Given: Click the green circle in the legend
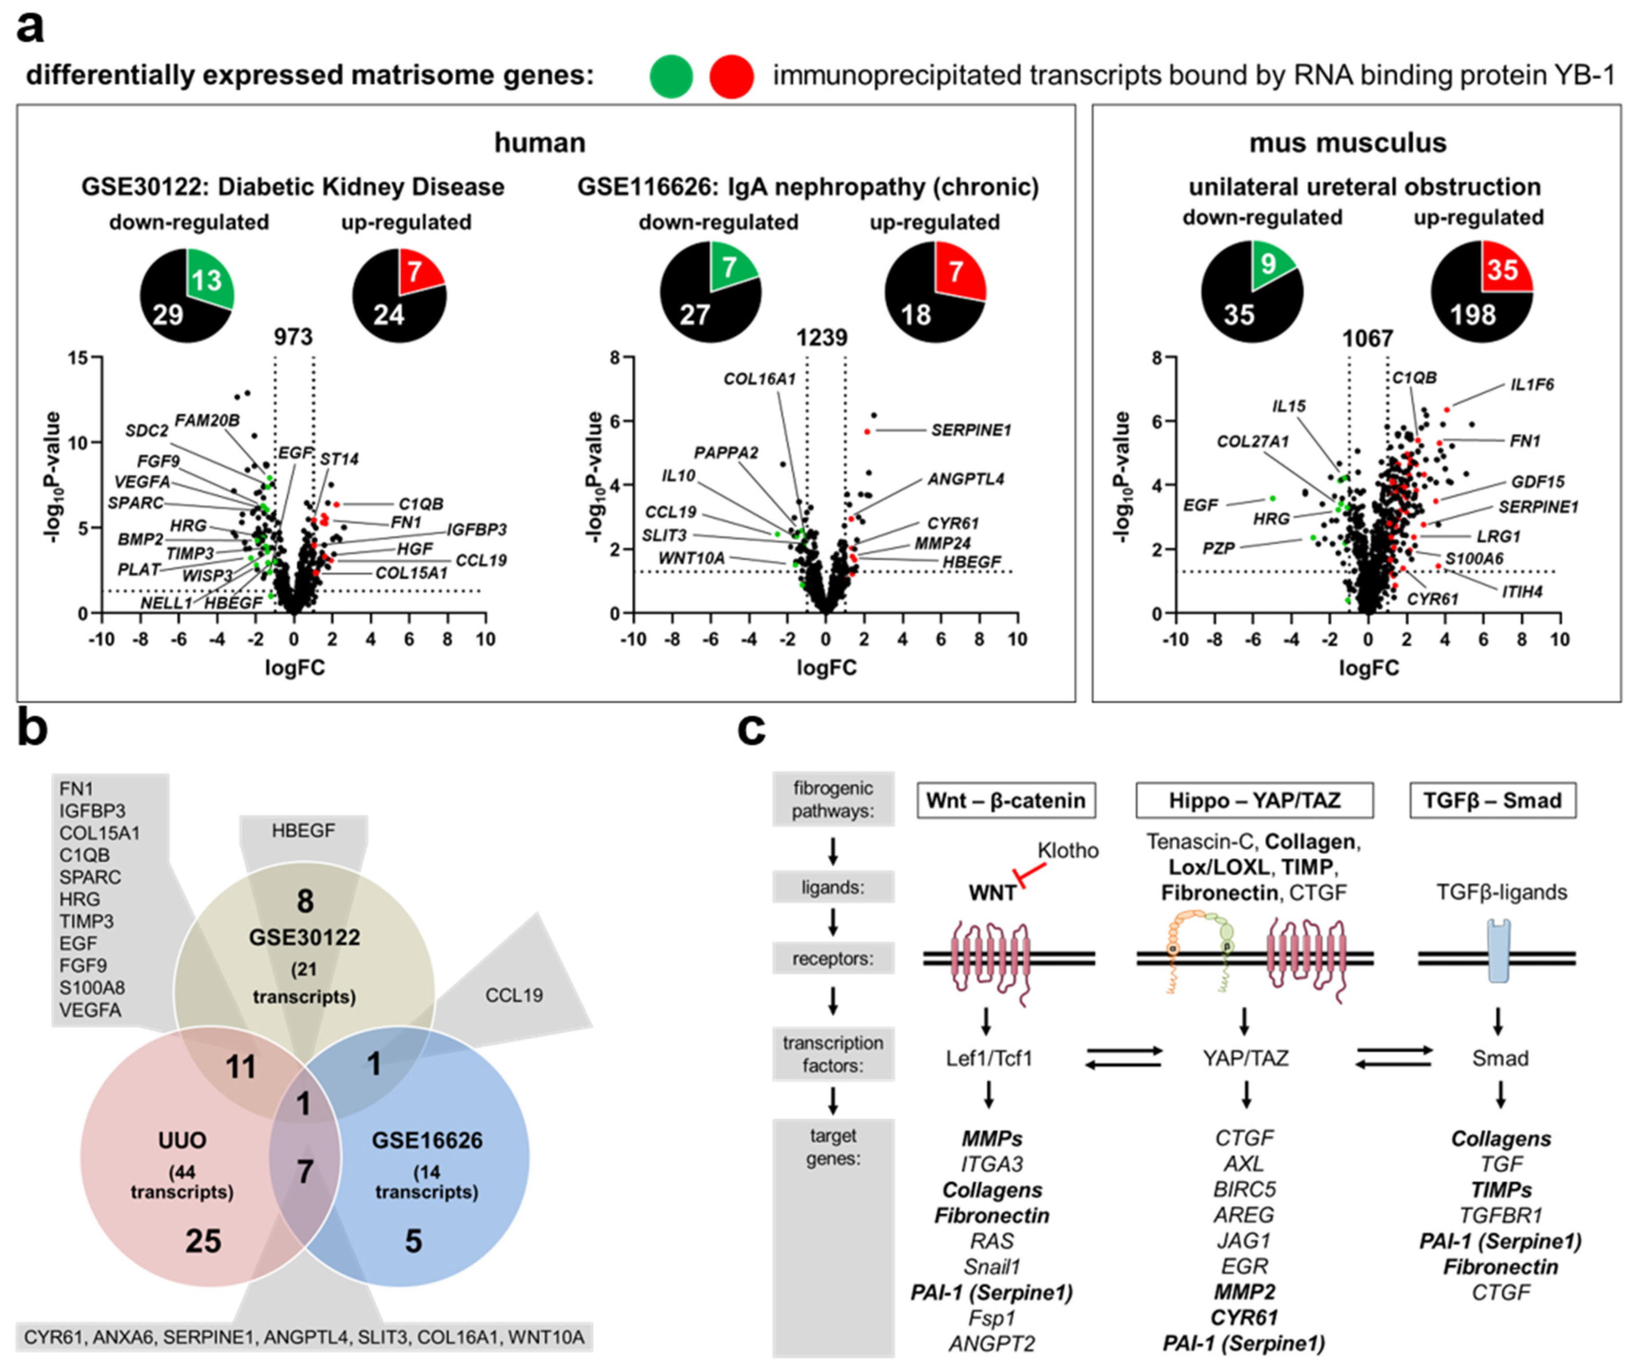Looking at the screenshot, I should click(671, 76).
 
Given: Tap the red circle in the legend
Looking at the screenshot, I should click(731, 76).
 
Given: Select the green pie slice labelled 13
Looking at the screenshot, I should click(207, 279).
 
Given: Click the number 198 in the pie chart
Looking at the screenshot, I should click(1472, 314).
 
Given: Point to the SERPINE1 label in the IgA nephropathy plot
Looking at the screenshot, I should click(970, 430).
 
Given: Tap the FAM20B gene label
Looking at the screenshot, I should click(206, 421).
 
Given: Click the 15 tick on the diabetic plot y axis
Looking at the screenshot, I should click(78, 357).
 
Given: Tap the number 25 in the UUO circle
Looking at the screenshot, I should click(203, 1240).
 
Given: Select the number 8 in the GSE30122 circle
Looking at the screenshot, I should click(305, 901).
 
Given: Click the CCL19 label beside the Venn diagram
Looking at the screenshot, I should click(514, 995).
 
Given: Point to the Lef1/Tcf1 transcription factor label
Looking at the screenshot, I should click(989, 1058).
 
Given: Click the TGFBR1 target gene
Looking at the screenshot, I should click(1500, 1215).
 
